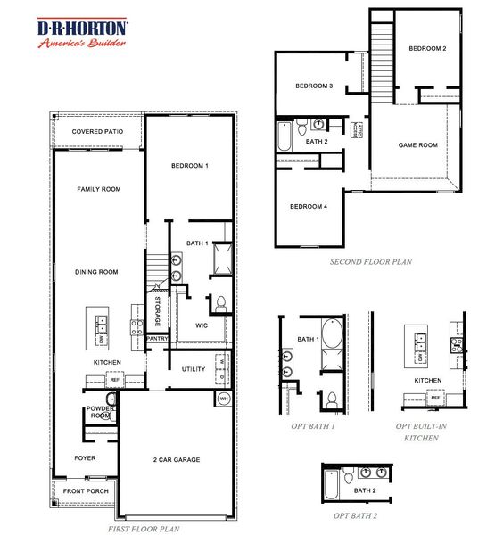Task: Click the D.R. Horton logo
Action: [x=82, y=34]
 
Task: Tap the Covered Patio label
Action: [x=97, y=132]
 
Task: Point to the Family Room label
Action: [x=99, y=189]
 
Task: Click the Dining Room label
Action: [x=97, y=272]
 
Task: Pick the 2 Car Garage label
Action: [x=175, y=460]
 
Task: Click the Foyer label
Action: [x=85, y=458]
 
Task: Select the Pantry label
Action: [x=157, y=339]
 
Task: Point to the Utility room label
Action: [x=194, y=369]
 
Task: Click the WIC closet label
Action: [x=202, y=325]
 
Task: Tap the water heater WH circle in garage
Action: [x=224, y=399]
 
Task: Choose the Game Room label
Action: [x=417, y=144]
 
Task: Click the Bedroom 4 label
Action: [x=309, y=207]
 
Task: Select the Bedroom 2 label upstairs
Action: [x=427, y=48]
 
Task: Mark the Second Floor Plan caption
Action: [x=372, y=262]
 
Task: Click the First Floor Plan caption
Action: [x=144, y=529]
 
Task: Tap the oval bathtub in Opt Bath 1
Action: [x=331, y=335]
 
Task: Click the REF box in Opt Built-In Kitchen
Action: [x=435, y=399]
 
